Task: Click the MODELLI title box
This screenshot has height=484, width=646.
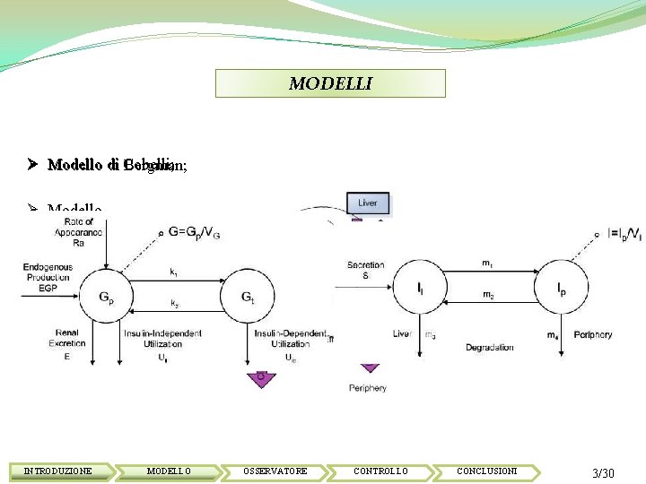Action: click(330, 83)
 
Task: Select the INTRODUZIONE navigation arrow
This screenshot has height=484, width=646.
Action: click(58, 471)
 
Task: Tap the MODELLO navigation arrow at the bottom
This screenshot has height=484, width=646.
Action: click(169, 471)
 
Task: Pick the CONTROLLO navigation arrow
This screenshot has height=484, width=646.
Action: click(380, 471)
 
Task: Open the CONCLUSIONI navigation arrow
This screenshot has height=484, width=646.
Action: click(486, 471)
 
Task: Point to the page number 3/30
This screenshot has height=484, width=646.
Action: click(603, 472)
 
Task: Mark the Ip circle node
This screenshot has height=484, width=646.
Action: click(561, 289)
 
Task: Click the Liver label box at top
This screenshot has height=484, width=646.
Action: click(368, 203)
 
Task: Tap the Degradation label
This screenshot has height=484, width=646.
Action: click(490, 348)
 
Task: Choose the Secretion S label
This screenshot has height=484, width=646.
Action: click(365, 271)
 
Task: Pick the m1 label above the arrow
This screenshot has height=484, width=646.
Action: click(487, 264)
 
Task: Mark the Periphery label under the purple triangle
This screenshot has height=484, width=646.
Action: click(368, 388)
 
